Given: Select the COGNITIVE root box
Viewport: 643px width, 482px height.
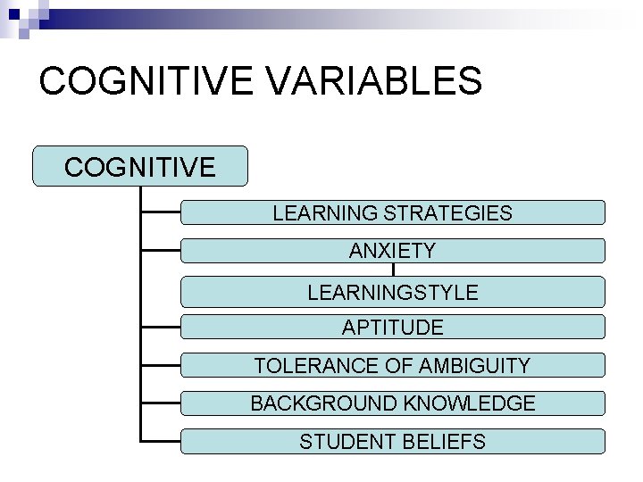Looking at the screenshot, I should [139, 167].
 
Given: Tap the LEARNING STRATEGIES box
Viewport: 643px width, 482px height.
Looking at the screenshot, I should [393, 213].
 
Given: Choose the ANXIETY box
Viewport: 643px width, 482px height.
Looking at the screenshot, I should [393, 251].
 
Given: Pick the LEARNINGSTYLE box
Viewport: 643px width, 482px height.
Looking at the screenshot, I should [393, 292].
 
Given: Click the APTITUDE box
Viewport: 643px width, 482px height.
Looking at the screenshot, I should [393, 328].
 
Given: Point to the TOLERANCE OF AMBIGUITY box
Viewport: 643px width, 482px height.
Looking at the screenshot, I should [393, 365].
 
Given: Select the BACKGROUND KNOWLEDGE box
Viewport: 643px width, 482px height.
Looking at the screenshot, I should [393, 403].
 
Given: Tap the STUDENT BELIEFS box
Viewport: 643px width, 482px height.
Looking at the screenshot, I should [393, 441].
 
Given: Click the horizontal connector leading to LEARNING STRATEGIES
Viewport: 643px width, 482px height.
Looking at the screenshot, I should [161, 213].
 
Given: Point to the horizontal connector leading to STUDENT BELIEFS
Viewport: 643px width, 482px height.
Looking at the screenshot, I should [161, 441].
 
